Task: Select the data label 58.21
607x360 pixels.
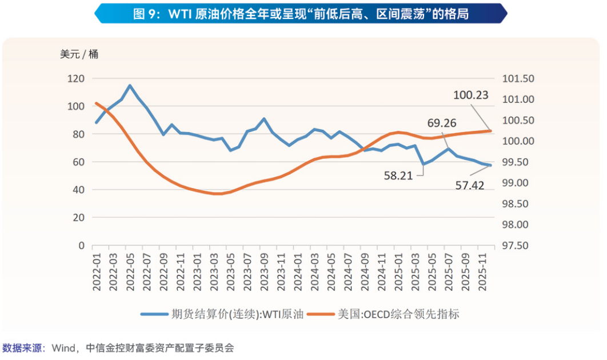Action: click(x=398, y=175)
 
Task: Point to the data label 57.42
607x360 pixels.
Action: click(x=470, y=185)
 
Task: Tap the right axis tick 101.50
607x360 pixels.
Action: click(x=517, y=78)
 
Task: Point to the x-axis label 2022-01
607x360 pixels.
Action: click(x=97, y=273)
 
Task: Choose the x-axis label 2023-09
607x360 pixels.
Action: click(x=264, y=273)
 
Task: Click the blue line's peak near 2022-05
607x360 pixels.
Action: click(x=130, y=86)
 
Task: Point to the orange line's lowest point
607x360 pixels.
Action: click(x=218, y=194)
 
